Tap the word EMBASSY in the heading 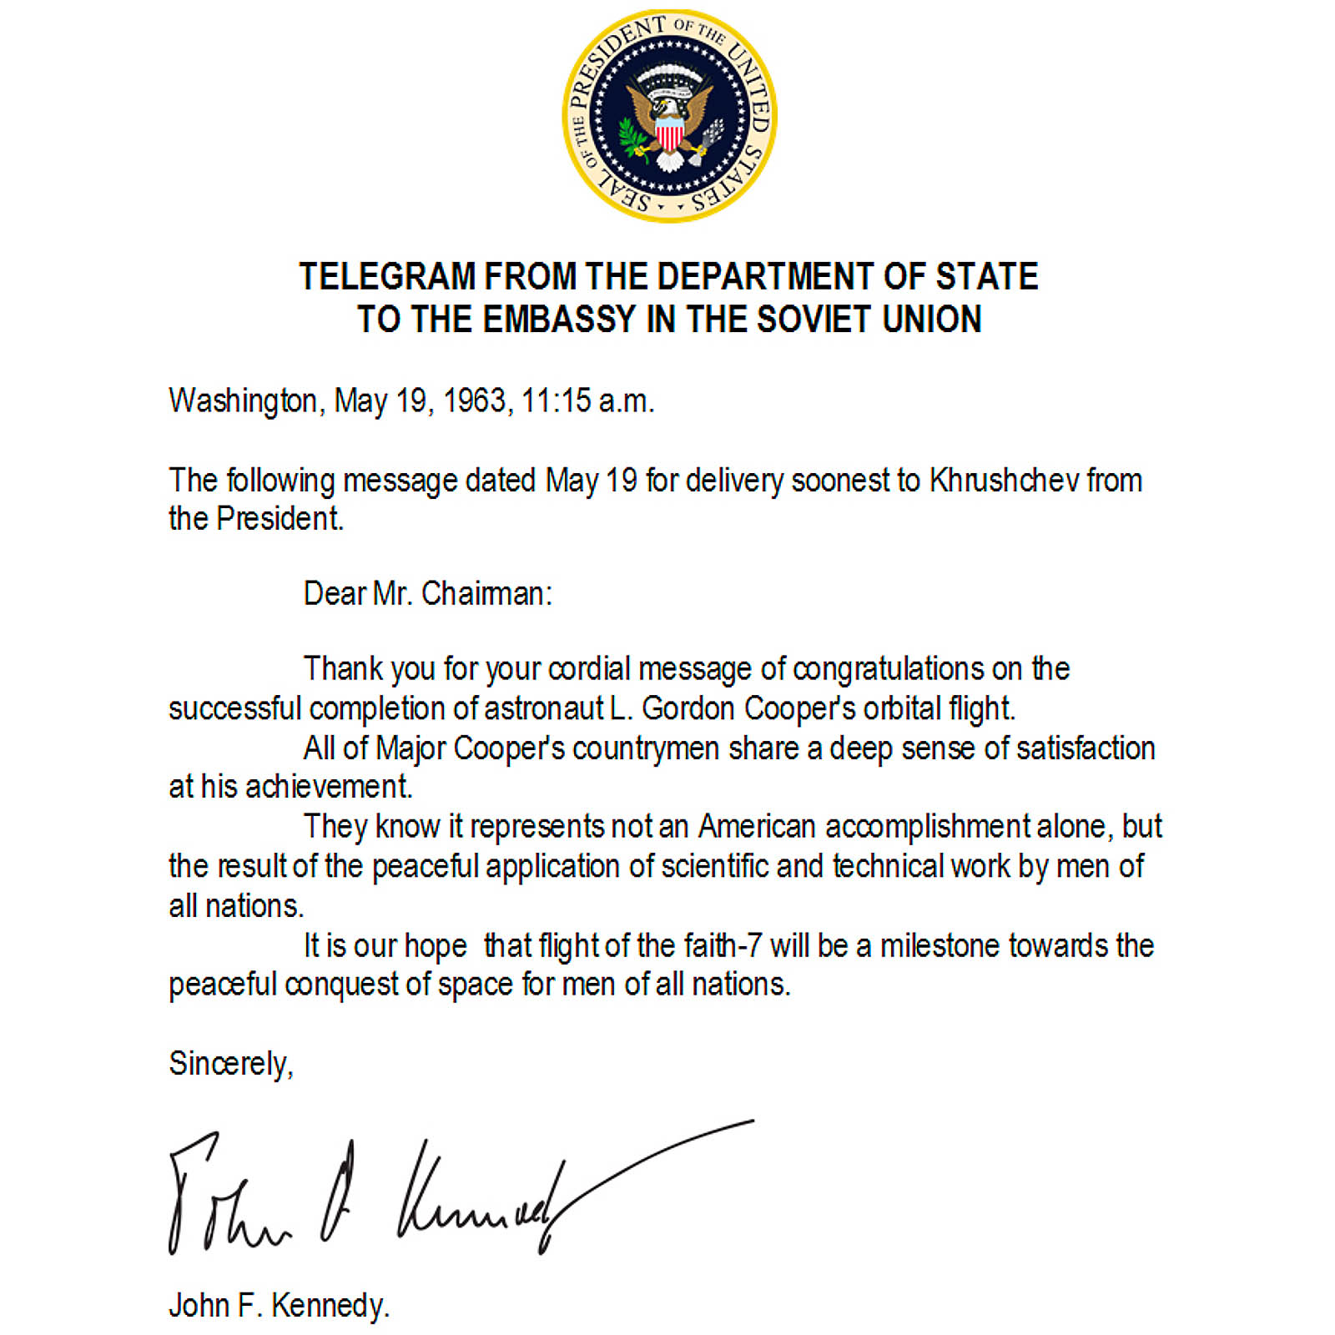560,320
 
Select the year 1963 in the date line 474,401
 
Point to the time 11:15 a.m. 587,401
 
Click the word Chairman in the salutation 486,594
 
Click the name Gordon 688,708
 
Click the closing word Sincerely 230,1064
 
